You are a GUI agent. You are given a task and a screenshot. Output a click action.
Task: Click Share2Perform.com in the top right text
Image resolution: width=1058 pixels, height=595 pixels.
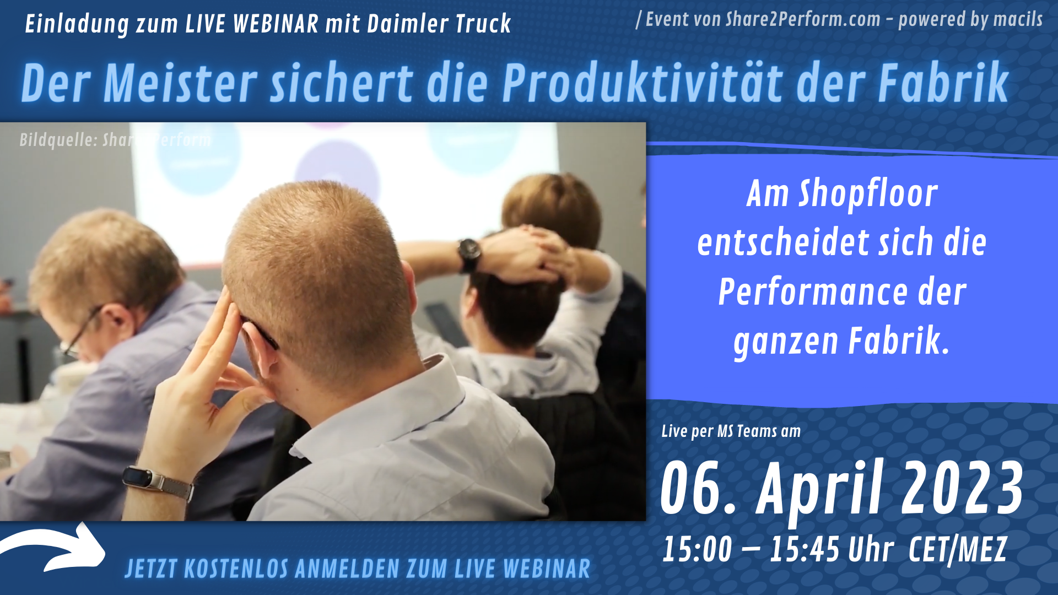(x=803, y=20)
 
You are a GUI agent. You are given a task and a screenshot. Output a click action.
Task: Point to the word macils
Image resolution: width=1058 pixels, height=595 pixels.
(x=1018, y=20)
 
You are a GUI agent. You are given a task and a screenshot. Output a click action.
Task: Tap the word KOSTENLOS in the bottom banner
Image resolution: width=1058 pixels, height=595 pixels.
(x=236, y=569)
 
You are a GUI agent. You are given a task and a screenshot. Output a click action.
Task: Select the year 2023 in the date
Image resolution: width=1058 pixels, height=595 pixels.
(x=962, y=488)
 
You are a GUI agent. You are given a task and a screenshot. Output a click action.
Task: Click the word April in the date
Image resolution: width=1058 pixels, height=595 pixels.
(x=821, y=490)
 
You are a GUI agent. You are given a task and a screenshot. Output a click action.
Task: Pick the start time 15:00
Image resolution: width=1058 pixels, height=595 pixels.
(x=697, y=549)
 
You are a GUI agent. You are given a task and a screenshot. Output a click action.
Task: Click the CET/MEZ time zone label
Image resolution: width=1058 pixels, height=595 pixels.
(x=958, y=550)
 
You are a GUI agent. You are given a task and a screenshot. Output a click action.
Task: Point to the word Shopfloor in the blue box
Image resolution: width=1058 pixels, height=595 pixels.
(x=868, y=194)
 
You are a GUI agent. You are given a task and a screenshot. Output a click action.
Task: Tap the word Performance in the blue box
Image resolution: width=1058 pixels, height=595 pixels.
(x=813, y=292)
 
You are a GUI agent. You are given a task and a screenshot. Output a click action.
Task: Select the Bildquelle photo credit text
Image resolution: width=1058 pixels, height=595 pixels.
(x=115, y=140)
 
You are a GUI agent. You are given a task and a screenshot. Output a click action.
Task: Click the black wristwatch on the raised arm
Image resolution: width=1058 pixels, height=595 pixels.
(x=469, y=255)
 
